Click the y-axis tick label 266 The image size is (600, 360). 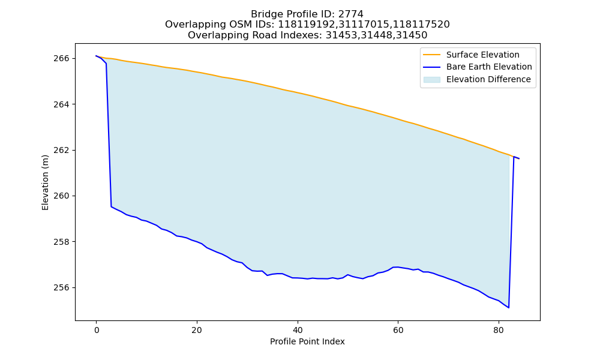tap(61, 59)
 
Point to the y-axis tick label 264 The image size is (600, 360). tap(61, 104)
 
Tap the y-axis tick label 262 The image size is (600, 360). tap(61, 150)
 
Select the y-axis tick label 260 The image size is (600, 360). tap(61, 196)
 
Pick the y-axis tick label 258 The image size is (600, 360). tap(61, 242)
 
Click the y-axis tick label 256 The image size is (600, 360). tap(61, 287)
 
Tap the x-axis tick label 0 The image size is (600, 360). tap(97, 330)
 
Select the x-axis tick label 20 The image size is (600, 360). tap(197, 330)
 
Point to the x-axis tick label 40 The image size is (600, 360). tap(298, 330)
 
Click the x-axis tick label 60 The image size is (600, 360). tap(398, 330)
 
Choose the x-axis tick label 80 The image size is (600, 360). tap(499, 330)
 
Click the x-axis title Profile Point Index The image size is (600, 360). tap(307, 341)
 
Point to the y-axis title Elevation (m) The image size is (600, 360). tap(45, 182)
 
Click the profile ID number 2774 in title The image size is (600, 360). tap(351, 14)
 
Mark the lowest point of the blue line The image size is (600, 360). tap(509, 308)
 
